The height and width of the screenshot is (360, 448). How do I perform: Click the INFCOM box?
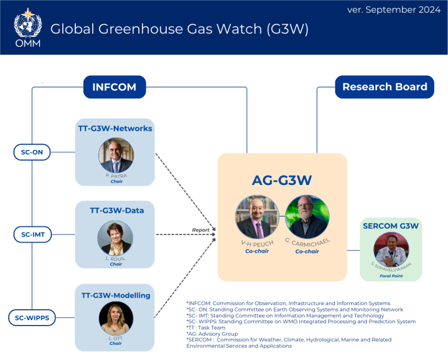click(114, 88)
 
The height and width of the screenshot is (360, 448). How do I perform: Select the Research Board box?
click(384, 87)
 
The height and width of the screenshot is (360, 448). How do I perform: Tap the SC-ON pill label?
click(33, 153)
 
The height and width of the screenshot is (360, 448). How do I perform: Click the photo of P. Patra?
click(116, 156)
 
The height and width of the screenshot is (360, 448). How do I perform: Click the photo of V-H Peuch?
click(257, 216)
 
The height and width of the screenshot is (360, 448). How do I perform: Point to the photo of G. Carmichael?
click(307, 216)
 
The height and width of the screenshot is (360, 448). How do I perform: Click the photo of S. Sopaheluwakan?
click(391, 249)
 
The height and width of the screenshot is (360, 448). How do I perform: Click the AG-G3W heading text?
click(282, 181)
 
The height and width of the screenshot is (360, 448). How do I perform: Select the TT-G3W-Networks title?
click(116, 128)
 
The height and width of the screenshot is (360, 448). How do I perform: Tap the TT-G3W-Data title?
click(116, 210)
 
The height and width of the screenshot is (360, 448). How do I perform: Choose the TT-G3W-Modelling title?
click(116, 295)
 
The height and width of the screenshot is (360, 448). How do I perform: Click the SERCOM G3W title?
click(391, 225)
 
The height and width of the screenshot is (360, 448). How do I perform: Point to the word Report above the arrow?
click(201, 230)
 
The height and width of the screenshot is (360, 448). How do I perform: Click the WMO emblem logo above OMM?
click(27, 22)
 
